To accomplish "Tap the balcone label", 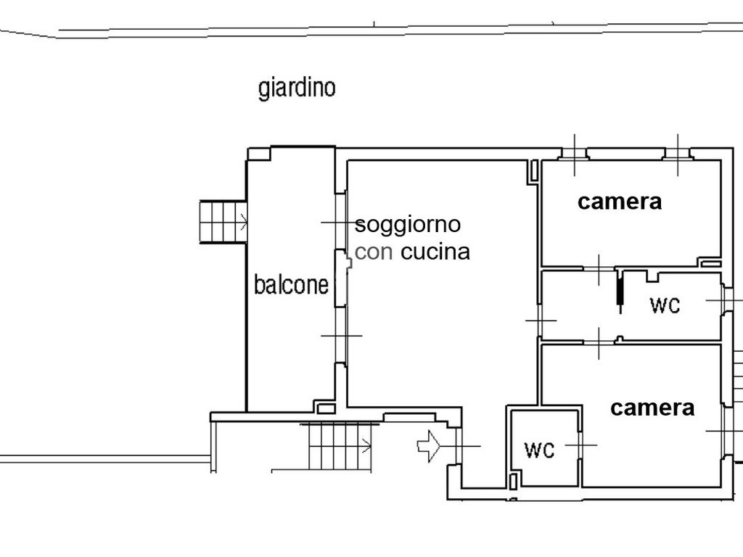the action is point(291,284).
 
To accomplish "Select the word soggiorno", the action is point(408,225).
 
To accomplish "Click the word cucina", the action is point(435,252).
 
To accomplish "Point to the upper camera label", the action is point(620,202).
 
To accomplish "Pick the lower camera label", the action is point(652,408).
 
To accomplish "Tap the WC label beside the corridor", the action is point(665,305).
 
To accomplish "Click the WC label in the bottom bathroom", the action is point(539,450).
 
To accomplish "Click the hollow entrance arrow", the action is point(428,446).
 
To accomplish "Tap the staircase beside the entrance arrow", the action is point(340,446).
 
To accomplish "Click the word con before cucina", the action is point(374,252).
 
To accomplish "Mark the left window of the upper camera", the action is point(575,154).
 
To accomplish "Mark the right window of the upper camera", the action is point(678,154).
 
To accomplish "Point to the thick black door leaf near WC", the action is point(620,289).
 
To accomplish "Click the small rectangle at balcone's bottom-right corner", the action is point(326,408).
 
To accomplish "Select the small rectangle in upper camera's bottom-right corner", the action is point(710,263).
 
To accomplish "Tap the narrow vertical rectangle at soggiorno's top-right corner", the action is point(534,170).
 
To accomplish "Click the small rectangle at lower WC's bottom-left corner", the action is point(513,482).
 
